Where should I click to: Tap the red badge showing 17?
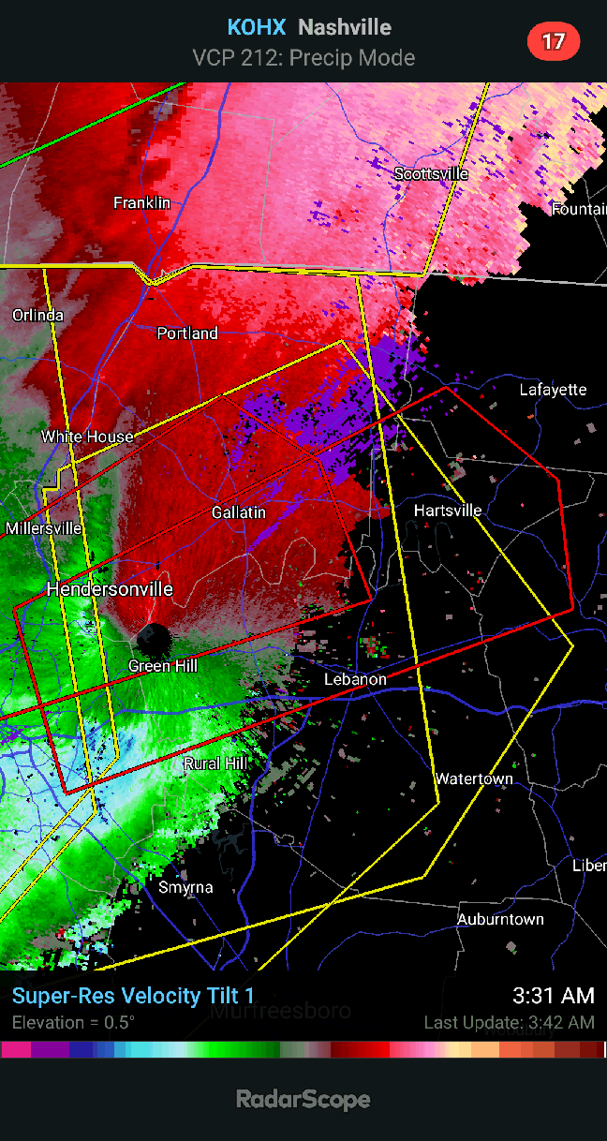(x=554, y=41)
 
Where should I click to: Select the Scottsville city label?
(x=431, y=174)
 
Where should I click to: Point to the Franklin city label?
(x=141, y=202)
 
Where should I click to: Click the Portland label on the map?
(x=187, y=333)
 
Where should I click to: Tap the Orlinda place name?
(x=38, y=315)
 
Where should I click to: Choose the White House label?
(x=87, y=437)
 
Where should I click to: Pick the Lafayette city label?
(x=553, y=390)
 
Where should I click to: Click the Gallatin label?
(x=238, y=512)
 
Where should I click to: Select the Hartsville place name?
(x=448, y=511)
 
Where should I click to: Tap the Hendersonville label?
(x=110, y=589)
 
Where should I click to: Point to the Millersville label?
(x=43, y=528)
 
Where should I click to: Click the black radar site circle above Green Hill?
(x=153, y=640)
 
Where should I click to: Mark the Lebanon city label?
(x=355, y=679)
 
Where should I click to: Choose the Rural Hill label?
(x=215, y=763)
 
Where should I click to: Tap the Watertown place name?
(x=474, y=779)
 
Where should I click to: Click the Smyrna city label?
(x=185, y=887)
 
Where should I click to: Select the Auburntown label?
(x=499, y=920)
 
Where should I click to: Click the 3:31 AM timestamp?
(x=553, y=996)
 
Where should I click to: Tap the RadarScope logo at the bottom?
(x=303, y=1099)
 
